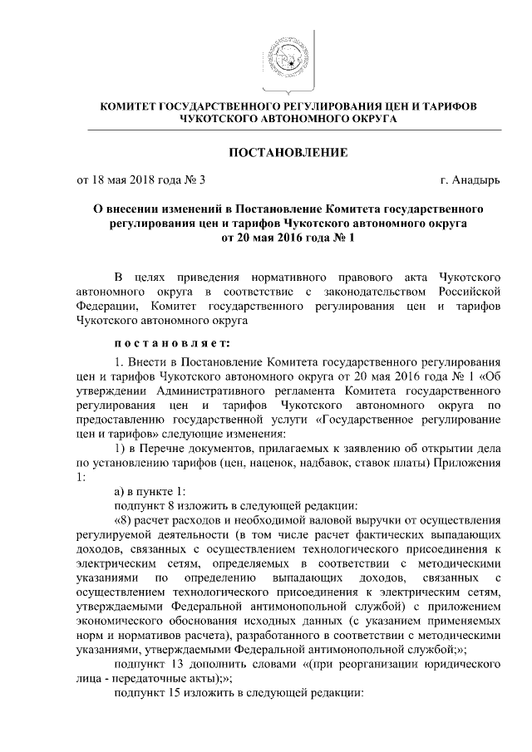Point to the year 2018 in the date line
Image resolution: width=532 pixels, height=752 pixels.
(134, 179)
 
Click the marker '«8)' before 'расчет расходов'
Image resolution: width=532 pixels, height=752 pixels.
(126, 521)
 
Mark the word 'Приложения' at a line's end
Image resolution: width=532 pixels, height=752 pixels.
(470, 462)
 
